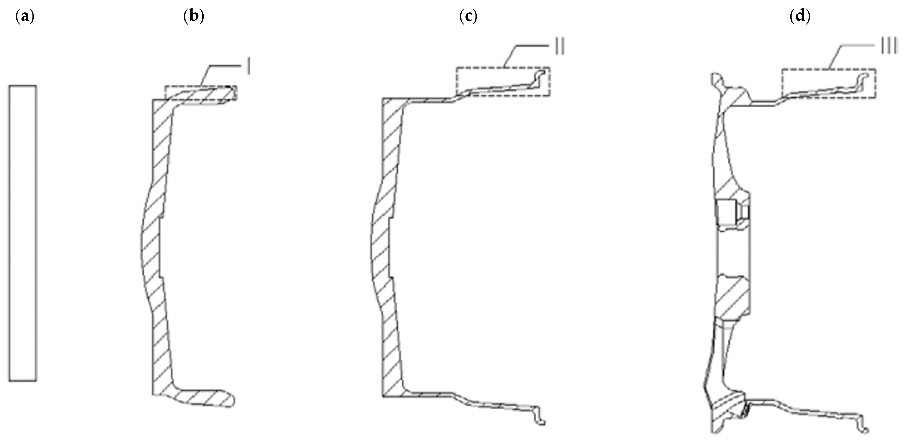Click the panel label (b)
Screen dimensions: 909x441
click(194, 17)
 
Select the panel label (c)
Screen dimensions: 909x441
click(468, 17)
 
